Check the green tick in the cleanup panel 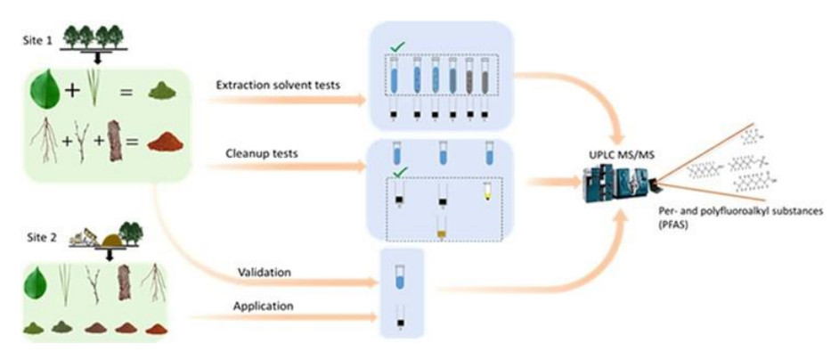392,172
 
